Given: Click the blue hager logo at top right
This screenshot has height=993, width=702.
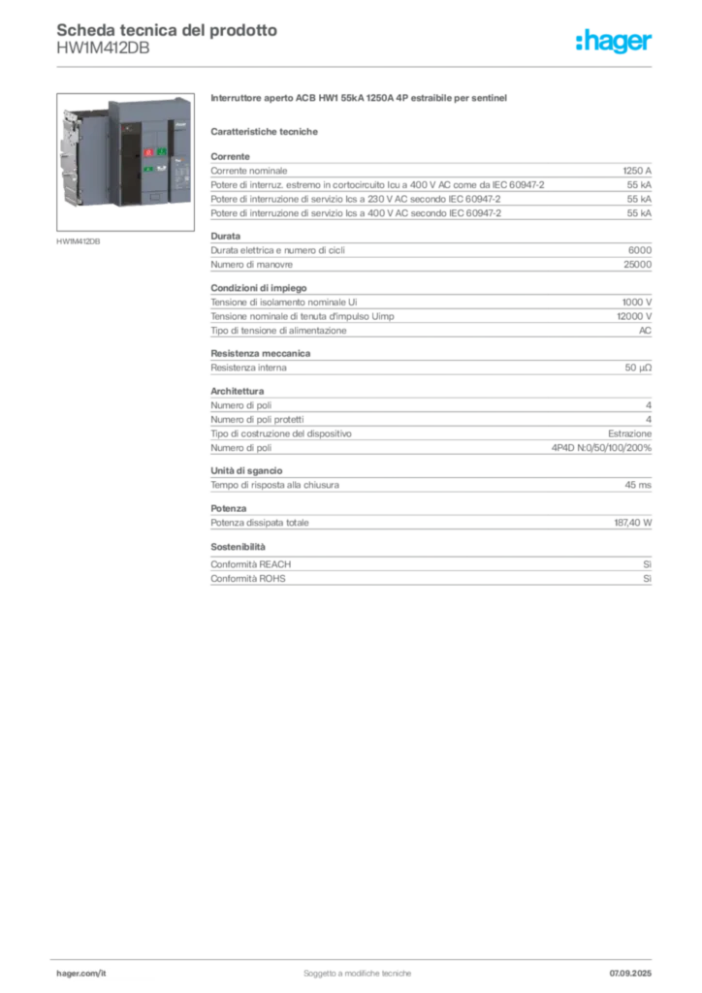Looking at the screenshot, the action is tap(615, 43).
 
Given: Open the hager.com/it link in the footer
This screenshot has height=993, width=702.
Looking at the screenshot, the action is tap(81, 972).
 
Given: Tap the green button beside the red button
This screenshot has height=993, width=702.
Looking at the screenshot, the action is tap(162, 152).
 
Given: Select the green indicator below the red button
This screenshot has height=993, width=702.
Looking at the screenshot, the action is tap(148, 170).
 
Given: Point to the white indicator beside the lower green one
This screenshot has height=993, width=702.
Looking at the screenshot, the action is tap(161, 170).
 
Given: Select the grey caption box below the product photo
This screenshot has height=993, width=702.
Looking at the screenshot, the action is tap(78, 240).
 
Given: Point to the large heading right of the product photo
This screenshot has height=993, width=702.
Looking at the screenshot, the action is tap(360, 101).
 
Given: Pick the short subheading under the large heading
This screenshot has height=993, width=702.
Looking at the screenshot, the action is tap(268, 130).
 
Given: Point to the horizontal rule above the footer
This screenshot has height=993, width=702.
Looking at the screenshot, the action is tap(356, 955).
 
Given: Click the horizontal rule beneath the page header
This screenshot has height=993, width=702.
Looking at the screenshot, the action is tap(356, 66).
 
